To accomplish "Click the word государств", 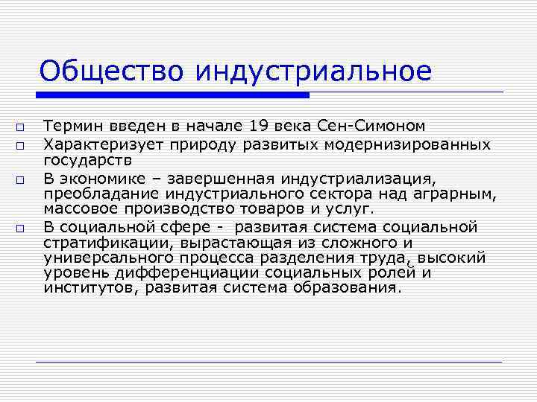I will click(x=87, y=159).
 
